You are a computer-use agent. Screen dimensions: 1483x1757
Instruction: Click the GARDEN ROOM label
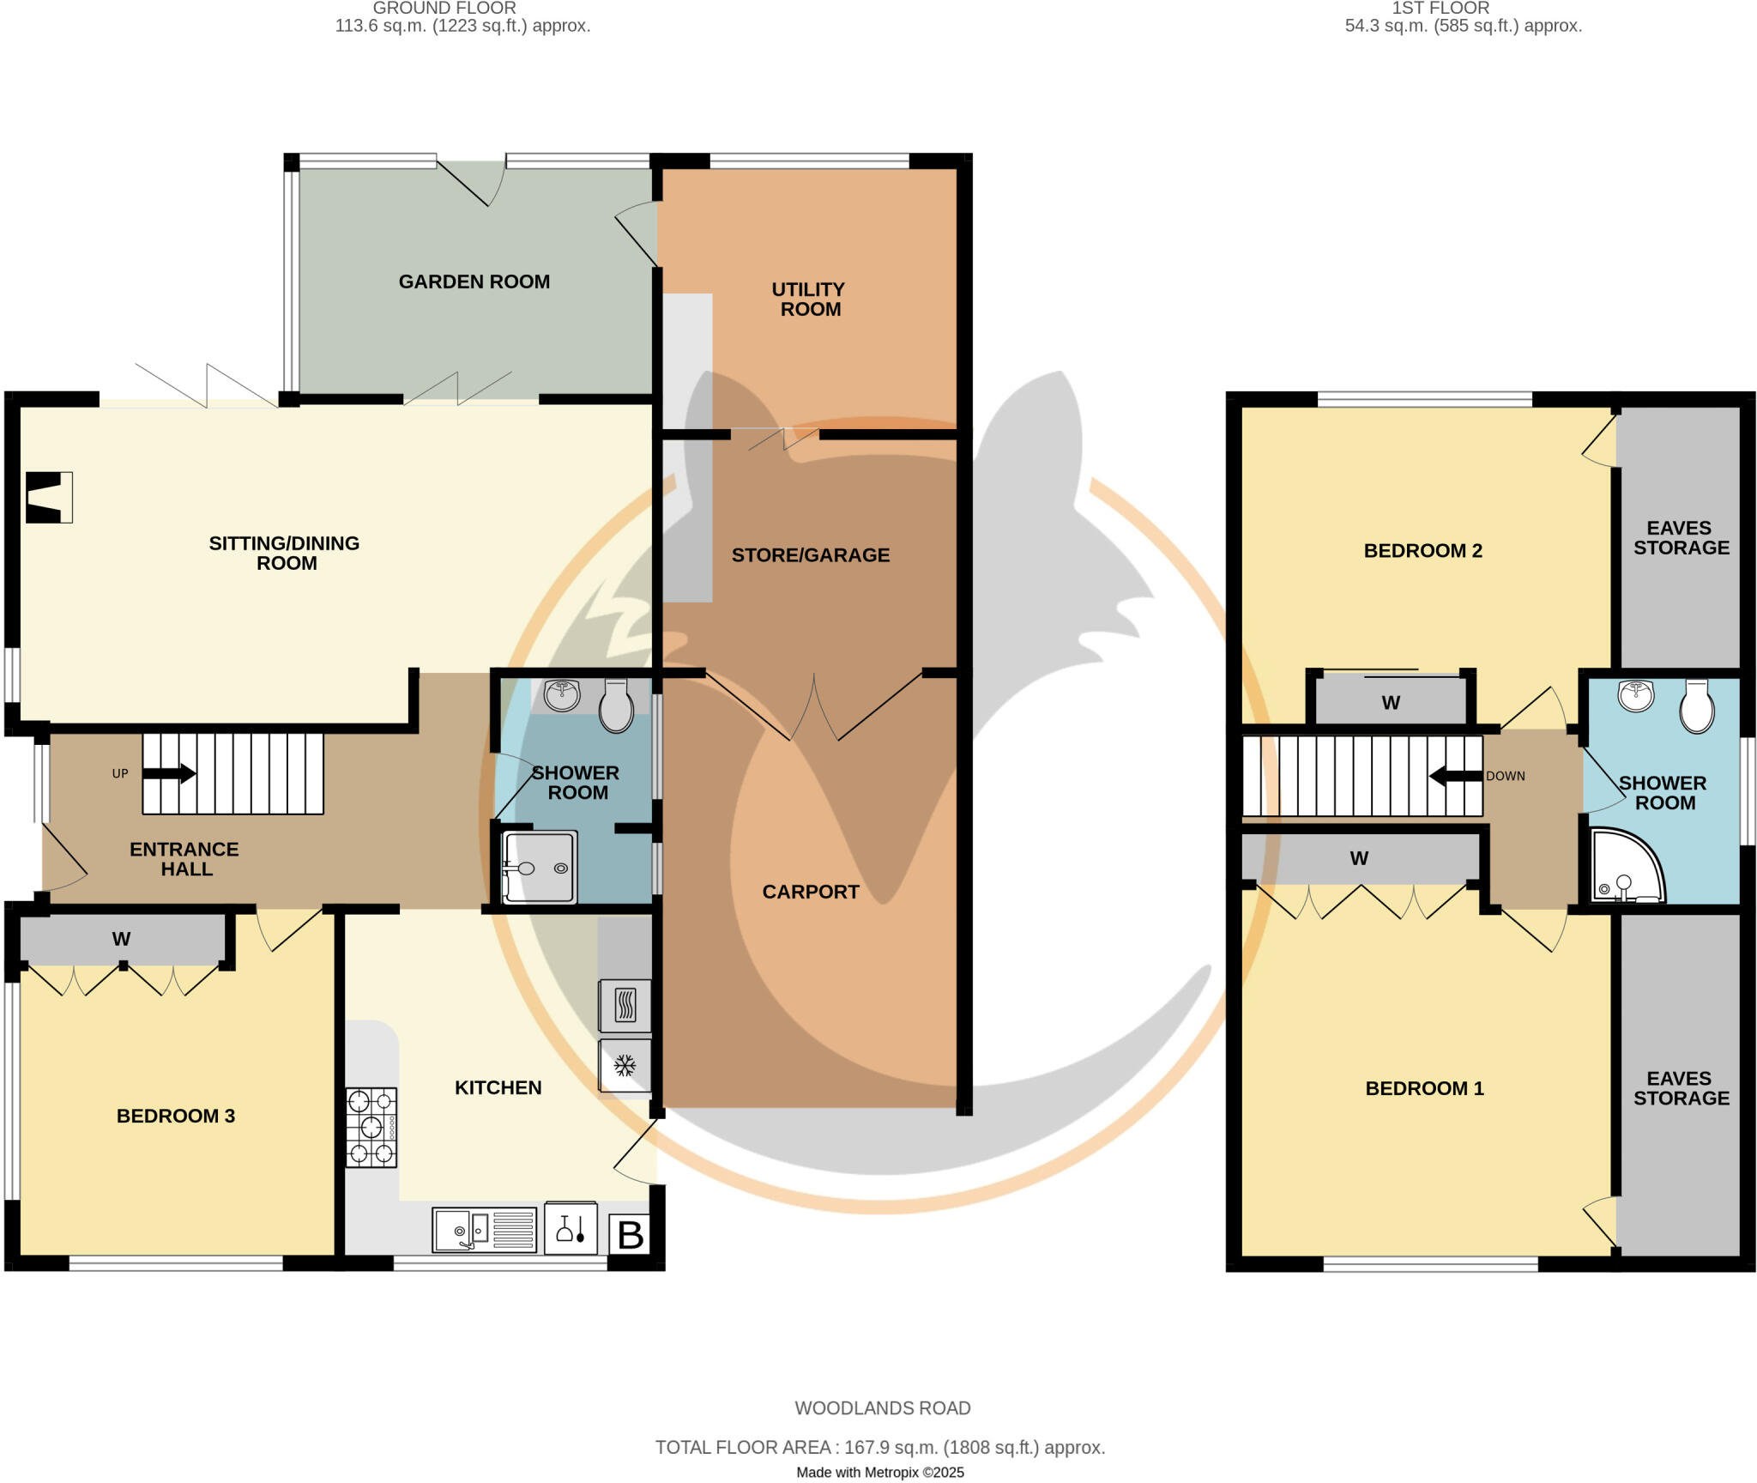(x=474, y=281)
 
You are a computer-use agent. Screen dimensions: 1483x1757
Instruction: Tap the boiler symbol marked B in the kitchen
(x=630, y=1235)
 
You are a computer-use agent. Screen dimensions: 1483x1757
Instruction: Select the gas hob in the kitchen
(x=371, y=1127)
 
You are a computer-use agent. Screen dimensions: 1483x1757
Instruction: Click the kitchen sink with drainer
(x=484, y=1230)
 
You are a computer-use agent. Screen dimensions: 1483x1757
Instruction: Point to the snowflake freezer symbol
(x=625, y=1066)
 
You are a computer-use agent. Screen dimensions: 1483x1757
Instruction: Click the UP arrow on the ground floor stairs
(x=169, y=773)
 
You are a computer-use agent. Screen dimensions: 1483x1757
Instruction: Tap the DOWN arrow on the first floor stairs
(x=1455, y=777)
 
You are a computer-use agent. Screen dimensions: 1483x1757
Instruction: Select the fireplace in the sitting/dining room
(x=48, y=497)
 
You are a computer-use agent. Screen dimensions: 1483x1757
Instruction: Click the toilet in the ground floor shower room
(x=615, y=705)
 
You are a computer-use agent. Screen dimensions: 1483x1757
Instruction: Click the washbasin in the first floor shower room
(x=1636, y=695)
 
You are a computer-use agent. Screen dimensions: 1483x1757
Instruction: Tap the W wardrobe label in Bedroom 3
(x=121, y=939)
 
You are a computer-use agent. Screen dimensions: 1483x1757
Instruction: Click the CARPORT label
(x=810, y=892)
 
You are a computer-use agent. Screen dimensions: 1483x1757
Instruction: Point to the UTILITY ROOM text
(x=809, y=300)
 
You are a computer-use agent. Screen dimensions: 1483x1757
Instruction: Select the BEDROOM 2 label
(x=1422, y=551)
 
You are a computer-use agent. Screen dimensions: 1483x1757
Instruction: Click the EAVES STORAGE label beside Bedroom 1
(x=1681, y=1088)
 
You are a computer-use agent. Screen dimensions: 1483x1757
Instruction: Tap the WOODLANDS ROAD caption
(x=882, y=1408)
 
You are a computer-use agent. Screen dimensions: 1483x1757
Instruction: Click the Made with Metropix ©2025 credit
(x=879, y=1473)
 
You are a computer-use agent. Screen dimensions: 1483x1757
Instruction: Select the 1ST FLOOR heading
(x=1440, y=9)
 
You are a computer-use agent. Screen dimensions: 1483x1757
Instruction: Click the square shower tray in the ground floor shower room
(x=539, y=867)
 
